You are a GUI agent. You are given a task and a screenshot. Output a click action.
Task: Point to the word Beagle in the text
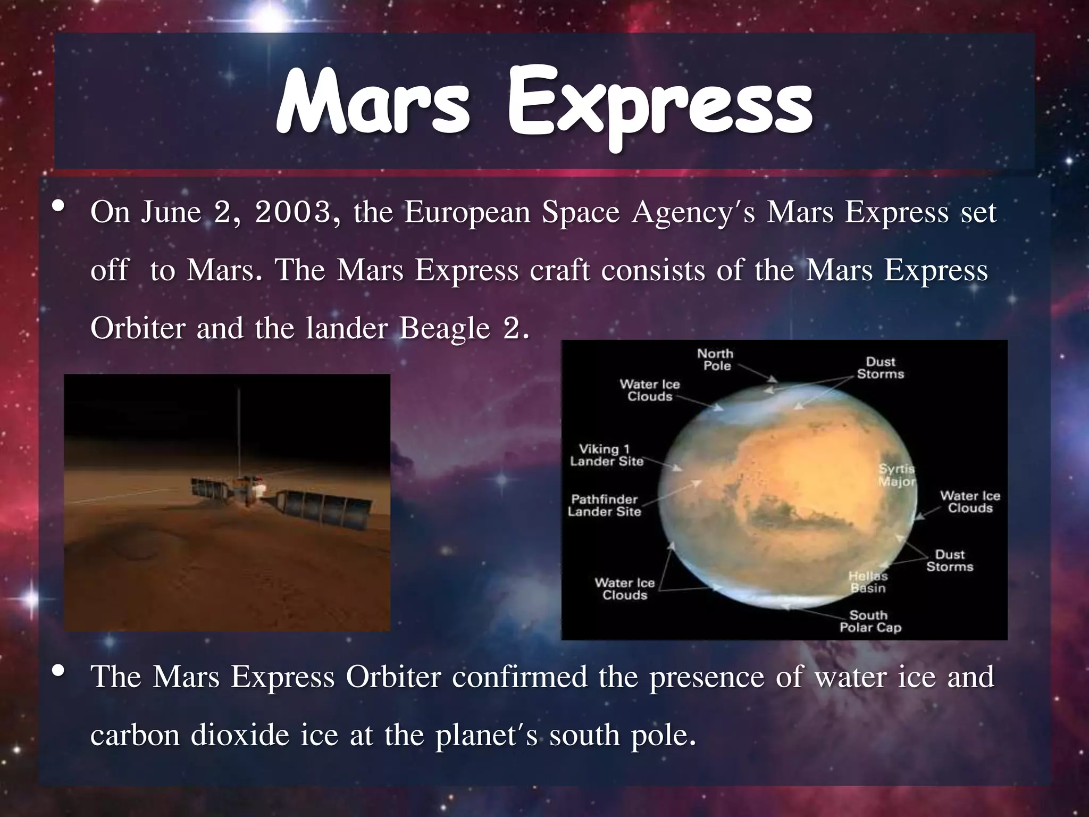tap(445, 328)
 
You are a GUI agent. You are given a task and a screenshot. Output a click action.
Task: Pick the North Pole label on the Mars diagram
tap(716, 360)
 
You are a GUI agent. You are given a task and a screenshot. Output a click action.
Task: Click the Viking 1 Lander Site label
tap(606, 456)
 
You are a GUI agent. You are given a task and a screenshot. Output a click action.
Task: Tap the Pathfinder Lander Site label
tap(604, 506)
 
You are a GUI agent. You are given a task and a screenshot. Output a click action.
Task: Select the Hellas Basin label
tap(868, 582)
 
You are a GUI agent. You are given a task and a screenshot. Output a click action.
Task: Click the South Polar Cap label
tap(870, 622)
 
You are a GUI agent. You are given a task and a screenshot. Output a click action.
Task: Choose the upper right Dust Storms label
tap(880, 368)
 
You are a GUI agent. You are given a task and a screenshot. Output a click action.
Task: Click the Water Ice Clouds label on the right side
tap(969, 502)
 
